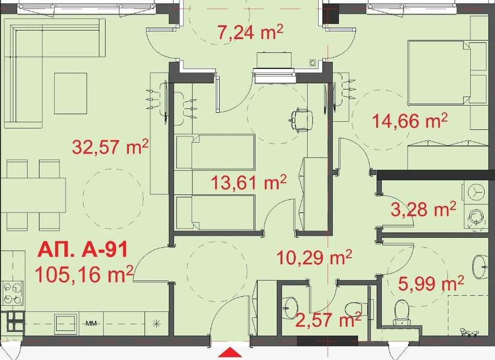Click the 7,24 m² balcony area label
(x=250, y=34)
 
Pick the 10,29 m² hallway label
(x=314, y=256)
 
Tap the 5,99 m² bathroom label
(x=431, y=282)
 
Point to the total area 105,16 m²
(x=85, y=273)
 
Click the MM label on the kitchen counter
(x=92, y=324)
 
